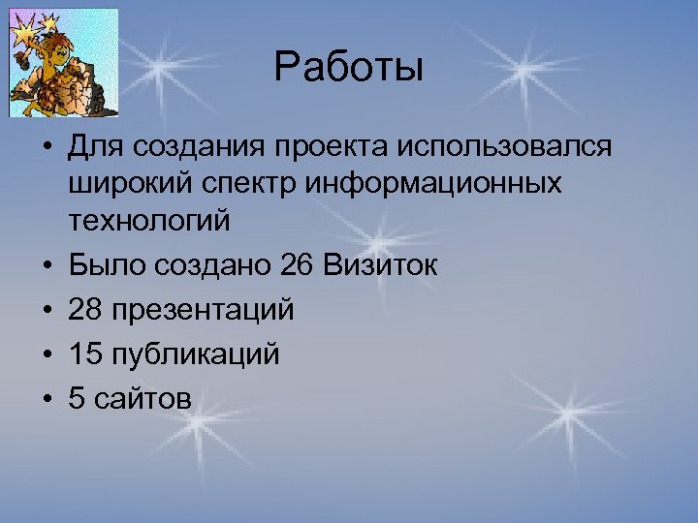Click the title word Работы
point(348,69)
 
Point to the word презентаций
point(204,311)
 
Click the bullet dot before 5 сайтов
point(46,399)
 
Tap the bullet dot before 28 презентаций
point(46,311)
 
